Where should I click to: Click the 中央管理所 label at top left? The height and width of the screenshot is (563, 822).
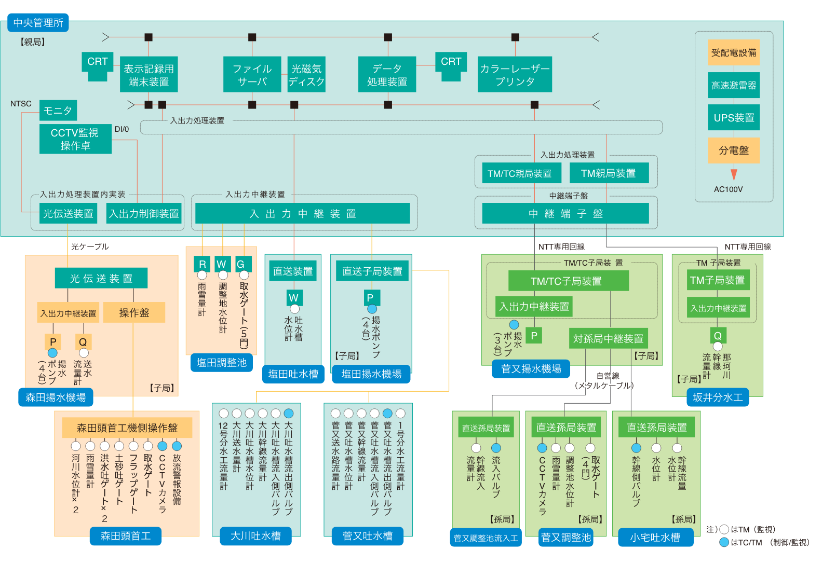[38, 23]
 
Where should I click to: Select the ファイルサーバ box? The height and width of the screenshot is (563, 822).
[252, 75]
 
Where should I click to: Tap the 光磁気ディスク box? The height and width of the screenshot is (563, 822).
[306, 75]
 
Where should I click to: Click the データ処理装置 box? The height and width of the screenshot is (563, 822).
[387, 75]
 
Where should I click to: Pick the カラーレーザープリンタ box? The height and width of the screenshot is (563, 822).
[515, 75]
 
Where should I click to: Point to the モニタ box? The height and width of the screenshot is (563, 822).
[58, 111]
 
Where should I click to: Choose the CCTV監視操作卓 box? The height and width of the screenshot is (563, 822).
[75, 139]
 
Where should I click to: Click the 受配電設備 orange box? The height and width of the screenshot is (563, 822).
[733, 52]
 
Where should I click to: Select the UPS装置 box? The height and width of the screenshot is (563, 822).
[733, 118]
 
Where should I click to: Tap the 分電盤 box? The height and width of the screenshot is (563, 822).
[733, 150]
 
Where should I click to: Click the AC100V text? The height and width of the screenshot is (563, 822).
[728, 189]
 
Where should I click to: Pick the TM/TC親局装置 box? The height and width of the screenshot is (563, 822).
[519, 173]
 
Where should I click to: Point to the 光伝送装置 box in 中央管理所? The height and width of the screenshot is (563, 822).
[68, 213]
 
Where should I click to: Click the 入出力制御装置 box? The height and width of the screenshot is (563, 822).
[144, 213]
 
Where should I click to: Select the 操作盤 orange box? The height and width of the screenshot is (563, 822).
[134, 312]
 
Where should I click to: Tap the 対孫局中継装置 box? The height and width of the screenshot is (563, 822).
[608, 339]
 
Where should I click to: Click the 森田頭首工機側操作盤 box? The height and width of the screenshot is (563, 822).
[127, 428]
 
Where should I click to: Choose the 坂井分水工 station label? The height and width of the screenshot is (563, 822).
[717, 397]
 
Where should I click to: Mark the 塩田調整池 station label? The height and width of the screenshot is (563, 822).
[222, 363]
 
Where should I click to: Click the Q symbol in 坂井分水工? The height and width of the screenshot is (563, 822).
[718, 336]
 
